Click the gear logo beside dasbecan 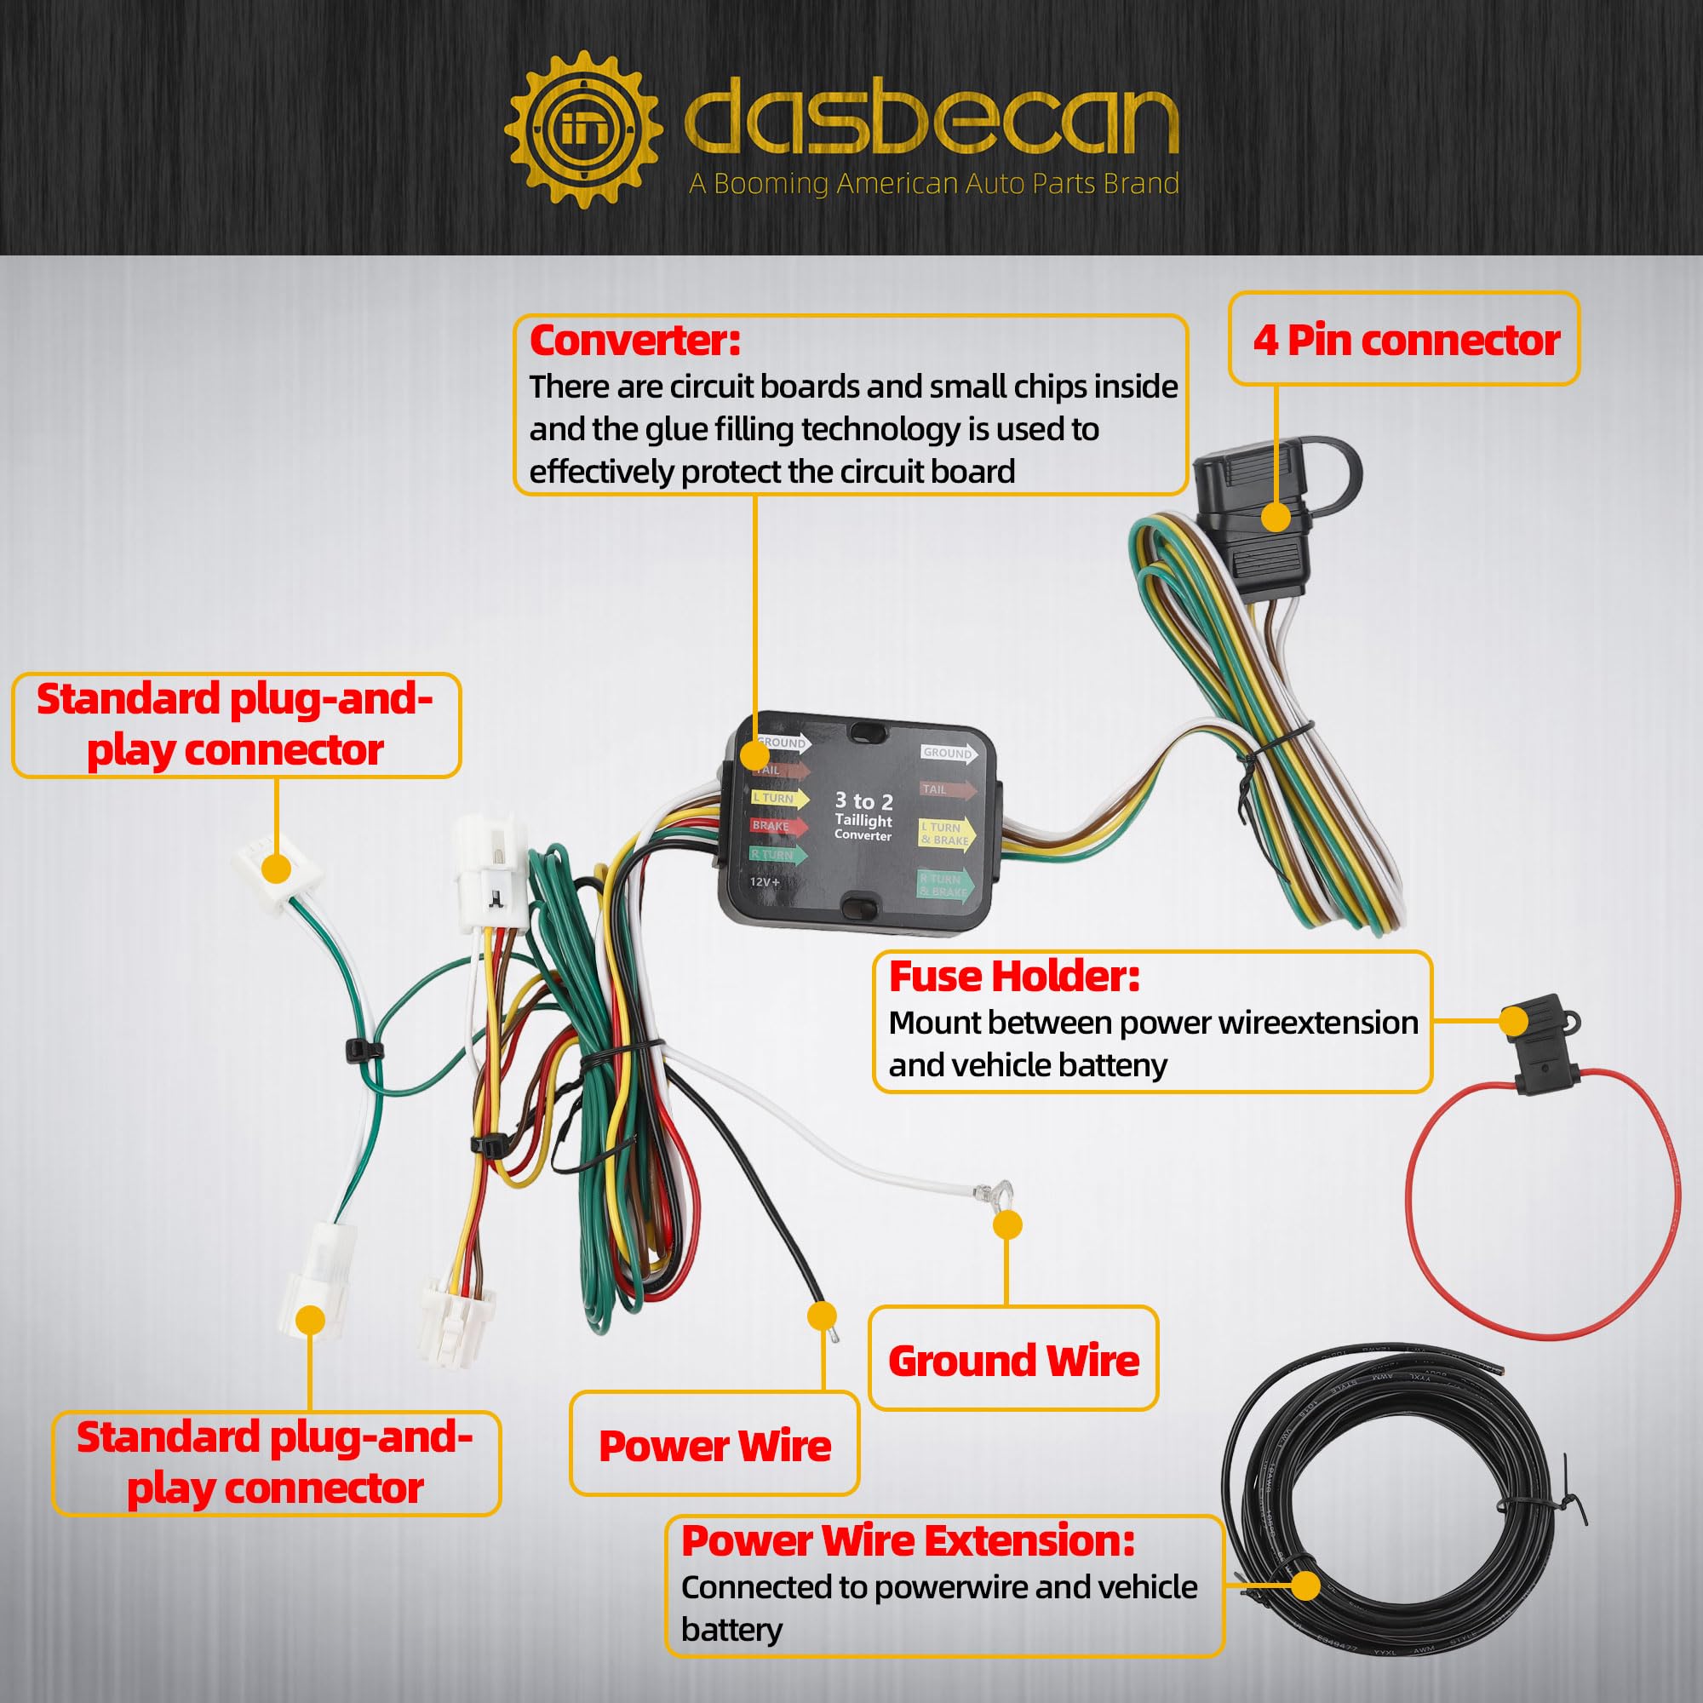click(582, 130)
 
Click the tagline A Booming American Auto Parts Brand click(933, 183)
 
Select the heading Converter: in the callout click(634, 341)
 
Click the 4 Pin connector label click(1406, 341)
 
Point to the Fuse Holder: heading click(1013, 977)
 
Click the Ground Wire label click(1013, 1361)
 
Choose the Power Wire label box click(714, 1446)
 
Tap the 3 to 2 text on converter click(863, 801)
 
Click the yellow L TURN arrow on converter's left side click(779, 799)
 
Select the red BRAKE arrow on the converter click(777, 827)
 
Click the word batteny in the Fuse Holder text click(1116, 1066)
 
